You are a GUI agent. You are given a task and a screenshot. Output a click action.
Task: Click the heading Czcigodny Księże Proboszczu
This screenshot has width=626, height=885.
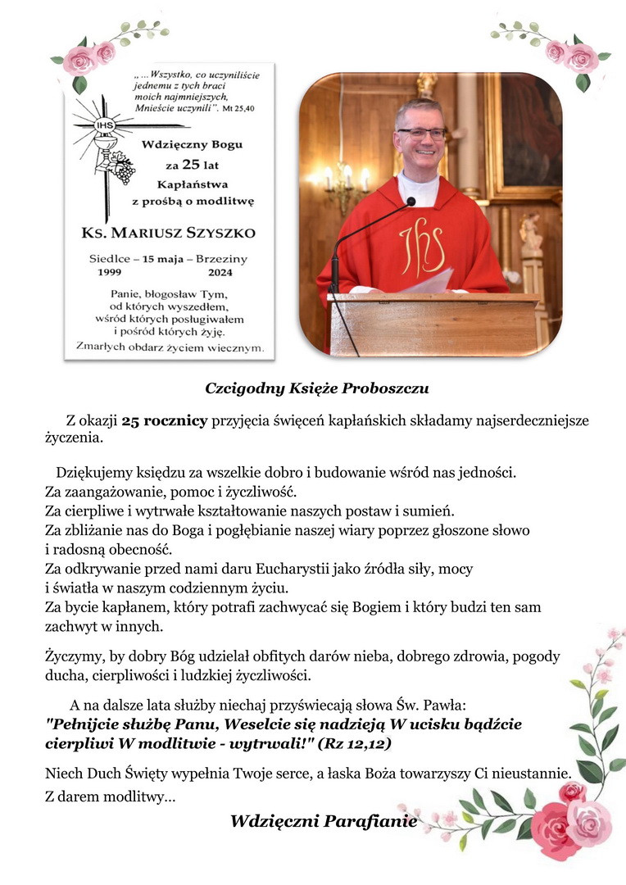tap(317, 388)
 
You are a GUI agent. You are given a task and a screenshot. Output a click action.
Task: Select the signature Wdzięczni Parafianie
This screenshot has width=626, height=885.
tap(324, 820)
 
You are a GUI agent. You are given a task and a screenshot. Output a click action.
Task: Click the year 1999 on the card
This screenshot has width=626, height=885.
tap(114, 272)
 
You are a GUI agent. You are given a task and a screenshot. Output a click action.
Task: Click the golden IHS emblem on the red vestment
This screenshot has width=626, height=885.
tap(422, 245)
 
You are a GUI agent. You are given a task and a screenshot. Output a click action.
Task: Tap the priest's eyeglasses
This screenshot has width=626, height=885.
tap(421, 133)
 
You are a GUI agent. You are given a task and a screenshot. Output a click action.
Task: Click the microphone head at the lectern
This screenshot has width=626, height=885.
tap(410, 201)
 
